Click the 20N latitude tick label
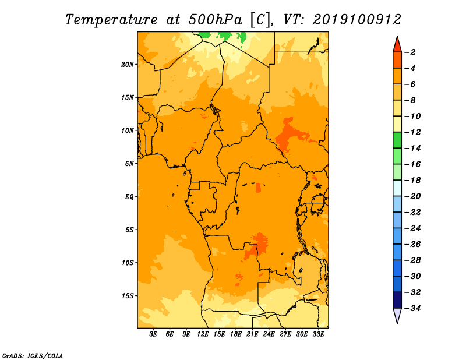pyautogui.click(x=128, y=65)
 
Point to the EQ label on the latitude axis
pyautogui.click(x=129, y=197)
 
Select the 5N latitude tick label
pyautogui.click(x=129, y=164)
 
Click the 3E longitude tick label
pyautogui.click(x=153, y=334)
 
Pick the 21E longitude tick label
pyautogui.click(x=252, y=334)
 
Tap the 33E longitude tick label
pyautogui.click(x=318, y=334)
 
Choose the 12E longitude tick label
pyautogui.click(x=203, y=334)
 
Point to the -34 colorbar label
pyautogui.click(x=412, y=308)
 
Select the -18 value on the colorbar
pyautogui.click(x=412, y=180)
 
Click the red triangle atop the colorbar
pyautogui.click(x=397, y=45)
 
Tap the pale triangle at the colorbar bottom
pyautogui.click(x=397, y=315)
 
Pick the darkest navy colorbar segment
pyautogui.click(x=397, y=300)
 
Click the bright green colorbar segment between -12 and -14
pyautogui.click(x=397, y=140)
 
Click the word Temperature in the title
pyautogui.click(x=111, y=20)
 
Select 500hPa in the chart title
pyautogui.click(x=215, y=20)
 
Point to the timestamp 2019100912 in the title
pyautogui.click(x=357, y=20)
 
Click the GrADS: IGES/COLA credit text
pyautogui.click(x=33, y=355)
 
